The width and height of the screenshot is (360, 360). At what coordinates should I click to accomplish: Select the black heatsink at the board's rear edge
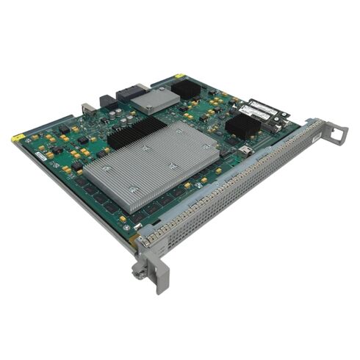(x=187, y=89)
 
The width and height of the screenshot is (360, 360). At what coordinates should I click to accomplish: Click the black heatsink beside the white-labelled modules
(x=242, y=124)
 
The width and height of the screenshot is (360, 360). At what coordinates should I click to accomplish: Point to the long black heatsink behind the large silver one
(x=137, y=132)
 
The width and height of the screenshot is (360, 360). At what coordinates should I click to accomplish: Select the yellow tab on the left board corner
(x=16, y=137)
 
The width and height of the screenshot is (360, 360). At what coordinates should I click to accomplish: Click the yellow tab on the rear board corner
(x=179, y=76)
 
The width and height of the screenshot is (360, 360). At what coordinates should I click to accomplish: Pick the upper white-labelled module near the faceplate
(x=262, y=109)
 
